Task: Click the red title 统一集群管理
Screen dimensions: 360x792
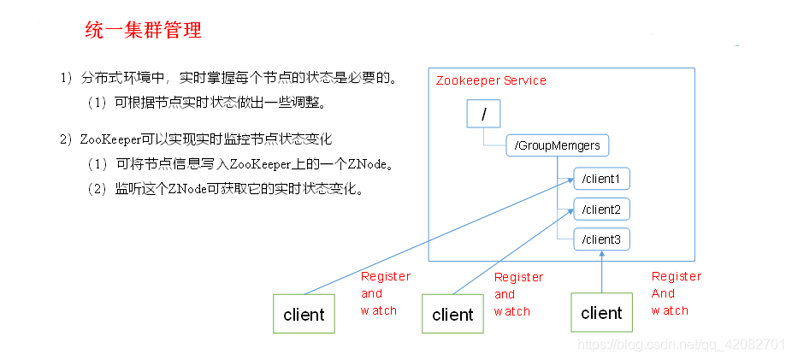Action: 144,32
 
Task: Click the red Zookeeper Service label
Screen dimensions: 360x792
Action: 491,80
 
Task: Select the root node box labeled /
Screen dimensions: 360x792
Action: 483,114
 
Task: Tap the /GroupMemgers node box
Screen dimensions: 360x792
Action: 558,146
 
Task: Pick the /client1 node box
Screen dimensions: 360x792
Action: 601,179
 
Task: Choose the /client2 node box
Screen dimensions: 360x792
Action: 601,210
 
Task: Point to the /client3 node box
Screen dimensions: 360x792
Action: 601,239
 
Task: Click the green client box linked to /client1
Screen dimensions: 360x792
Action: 304,314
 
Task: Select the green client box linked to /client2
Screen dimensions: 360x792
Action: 452,314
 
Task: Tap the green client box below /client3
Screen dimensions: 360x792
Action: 601,313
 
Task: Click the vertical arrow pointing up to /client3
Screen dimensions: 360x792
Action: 601,272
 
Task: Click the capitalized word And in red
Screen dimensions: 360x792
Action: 663,293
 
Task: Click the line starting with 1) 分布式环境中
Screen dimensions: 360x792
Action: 229,79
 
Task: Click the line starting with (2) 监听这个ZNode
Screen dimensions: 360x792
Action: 226,189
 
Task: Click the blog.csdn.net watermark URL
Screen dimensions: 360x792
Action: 681,344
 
